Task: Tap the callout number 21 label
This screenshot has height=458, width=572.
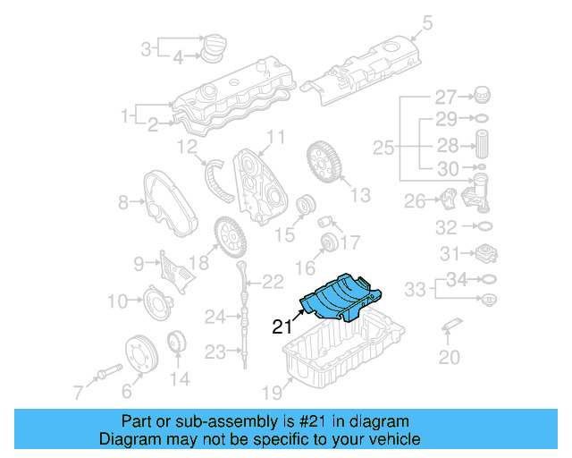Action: click(x=282, y=327)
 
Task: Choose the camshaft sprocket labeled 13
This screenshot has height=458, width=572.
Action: click(x=323, y=164)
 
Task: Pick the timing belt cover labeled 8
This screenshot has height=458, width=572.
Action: click(x=164, y=205)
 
